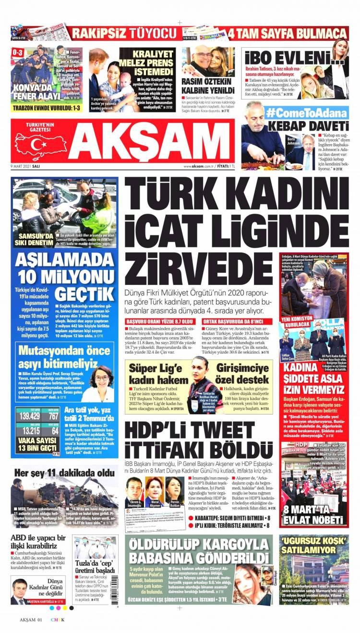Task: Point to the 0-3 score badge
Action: click(x=17, y=52)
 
